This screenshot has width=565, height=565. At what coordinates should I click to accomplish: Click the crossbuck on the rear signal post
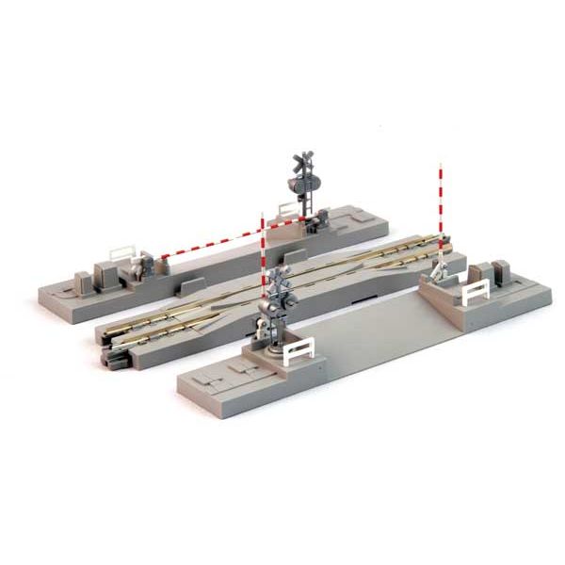(x=302, y=161)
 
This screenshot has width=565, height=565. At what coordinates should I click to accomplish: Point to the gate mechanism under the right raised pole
(x=437, y=272)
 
